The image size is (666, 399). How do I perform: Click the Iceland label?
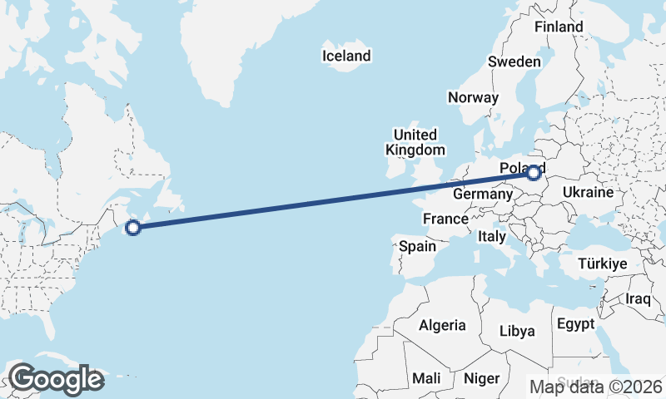[x=346, y=57]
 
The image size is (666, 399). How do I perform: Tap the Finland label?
[x=559, y=27]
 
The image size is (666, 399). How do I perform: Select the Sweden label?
[x=514, y=62]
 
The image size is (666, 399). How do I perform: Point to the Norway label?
[x=473, y=97]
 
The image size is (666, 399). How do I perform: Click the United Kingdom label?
[x=415, y=142]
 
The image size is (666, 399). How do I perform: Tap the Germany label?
[x=482, y=194]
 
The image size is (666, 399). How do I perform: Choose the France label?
[x=445, y=219]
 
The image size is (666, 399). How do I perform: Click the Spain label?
[x=417, y=246]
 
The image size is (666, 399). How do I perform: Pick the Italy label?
[x=492, y=237]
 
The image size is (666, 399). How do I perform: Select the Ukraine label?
[x=588, y=192]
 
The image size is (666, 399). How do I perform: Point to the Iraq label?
[x=639, y=298]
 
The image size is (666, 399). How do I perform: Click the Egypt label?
[x=575, y=323]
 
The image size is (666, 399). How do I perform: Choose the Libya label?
[x=517, y=331]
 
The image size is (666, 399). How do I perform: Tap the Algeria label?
[x=442, y=325]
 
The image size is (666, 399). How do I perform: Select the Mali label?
[x=426, y=379]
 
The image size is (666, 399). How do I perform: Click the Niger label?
[x=481, y=379]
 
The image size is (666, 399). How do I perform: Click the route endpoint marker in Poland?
[x=534, y=174]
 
